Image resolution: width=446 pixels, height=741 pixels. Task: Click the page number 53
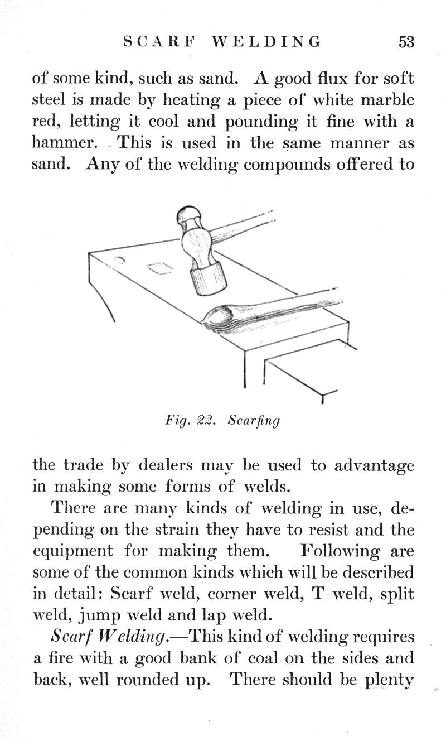[406, 42]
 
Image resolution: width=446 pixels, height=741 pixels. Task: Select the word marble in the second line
[386, 100]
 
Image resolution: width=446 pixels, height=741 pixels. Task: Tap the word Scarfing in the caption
[254, 420]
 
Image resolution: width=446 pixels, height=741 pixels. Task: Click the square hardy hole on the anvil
[161, 268]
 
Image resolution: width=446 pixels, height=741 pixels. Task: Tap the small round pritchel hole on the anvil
[119, 260]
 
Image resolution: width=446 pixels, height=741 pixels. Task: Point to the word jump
[94, 615]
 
